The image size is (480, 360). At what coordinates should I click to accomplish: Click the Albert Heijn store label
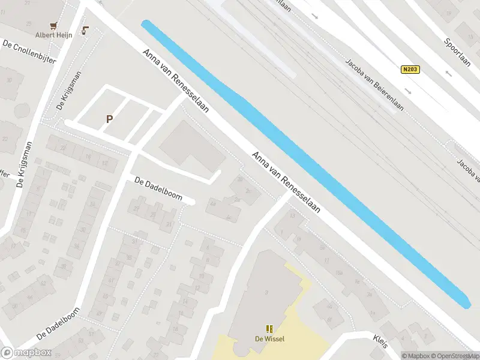click(53, 35)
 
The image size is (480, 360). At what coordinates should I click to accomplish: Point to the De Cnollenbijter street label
click(29, 53)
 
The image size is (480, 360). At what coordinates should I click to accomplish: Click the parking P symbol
click(109, 119)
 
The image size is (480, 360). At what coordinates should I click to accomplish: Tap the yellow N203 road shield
click(410, 70)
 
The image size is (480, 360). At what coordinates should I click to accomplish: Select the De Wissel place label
click(269, 339)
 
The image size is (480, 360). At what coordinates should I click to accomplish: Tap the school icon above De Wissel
click(269, 329)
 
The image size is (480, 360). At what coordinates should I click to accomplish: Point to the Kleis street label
click(380, 340)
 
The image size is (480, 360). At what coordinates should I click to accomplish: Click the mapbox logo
click(25, 353)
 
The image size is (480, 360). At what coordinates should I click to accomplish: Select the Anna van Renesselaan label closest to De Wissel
click(286, 184)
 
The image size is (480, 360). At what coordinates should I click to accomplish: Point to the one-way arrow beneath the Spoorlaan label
click(448, 74)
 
